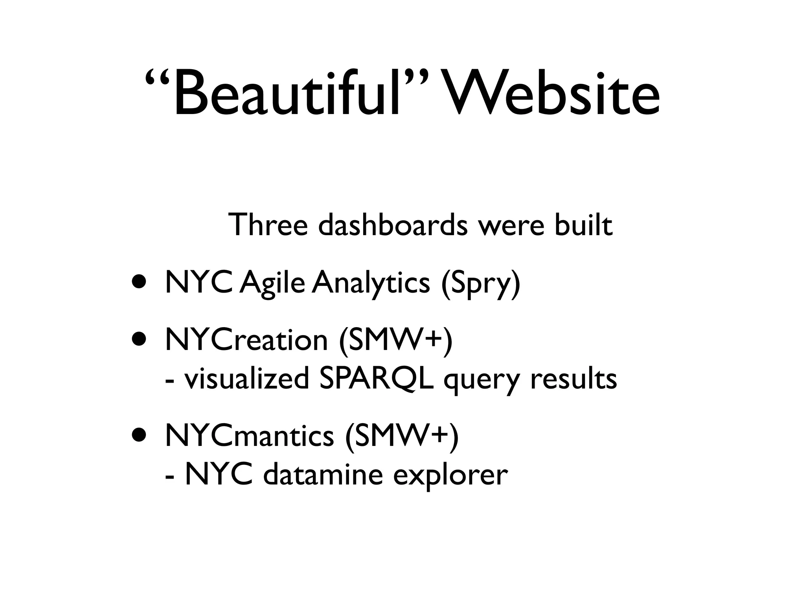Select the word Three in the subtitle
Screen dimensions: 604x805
pos(267,225)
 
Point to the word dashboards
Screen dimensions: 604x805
pos(393,225)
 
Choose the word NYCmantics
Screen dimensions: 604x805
pos(249,436)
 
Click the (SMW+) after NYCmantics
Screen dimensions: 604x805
pos(401,436)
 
